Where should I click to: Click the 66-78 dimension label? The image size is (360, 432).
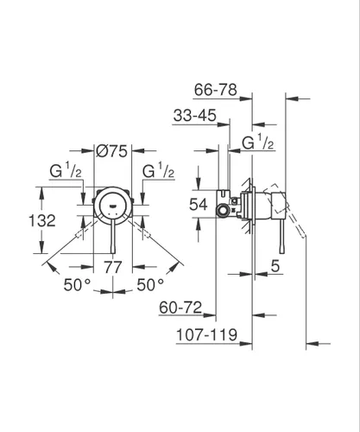(216, 90)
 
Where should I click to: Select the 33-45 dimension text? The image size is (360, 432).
(195, 116)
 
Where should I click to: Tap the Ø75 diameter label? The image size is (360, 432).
(111, 150)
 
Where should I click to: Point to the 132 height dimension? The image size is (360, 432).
(42, 220)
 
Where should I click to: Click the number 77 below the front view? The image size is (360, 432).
(113, 267)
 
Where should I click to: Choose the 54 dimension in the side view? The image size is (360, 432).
(199, 205)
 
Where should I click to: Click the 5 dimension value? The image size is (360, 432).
(275, 265)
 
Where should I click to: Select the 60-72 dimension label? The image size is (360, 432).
(180, 308)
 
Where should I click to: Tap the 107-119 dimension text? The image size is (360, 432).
(206, 334)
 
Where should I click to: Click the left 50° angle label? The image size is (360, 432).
(77, 285)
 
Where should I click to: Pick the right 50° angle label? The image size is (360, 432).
(150, 285)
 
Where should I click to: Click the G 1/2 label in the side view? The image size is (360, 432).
(257, 143)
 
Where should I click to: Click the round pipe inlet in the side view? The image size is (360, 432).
(223, 210)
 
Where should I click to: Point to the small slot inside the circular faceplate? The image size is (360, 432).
(113, 206)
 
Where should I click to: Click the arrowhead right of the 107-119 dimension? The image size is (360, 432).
(245, 343)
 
